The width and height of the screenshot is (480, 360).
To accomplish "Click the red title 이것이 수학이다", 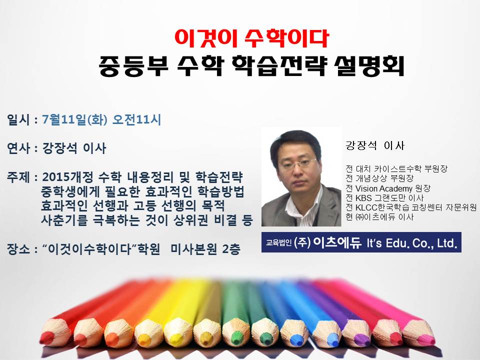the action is click(x=251, y=38).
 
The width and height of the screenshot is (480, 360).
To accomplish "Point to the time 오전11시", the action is click(x=136, y=119).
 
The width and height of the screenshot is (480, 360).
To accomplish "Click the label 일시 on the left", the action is click(x=18, y=119).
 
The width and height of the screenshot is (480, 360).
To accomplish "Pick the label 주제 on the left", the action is click(x=18, y=177).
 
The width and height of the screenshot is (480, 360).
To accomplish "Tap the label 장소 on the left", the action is click(x=18, y=249).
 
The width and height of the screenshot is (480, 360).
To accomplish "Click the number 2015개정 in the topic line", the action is click(x=67, y=177).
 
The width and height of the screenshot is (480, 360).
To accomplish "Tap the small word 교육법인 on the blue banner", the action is click(x=278, y=243).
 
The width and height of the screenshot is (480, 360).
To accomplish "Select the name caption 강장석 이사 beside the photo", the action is click(x=375, y=145).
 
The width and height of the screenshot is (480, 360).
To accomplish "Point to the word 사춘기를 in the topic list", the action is click(x=64, y=220).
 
